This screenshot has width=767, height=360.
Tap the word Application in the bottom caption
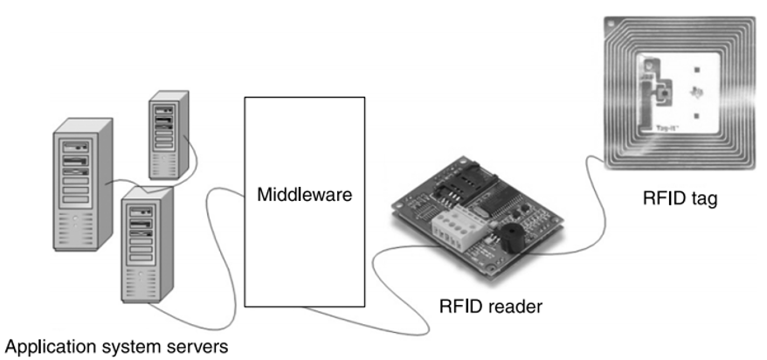click(44, 347)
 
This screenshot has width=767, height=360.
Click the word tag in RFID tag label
click(704, 199)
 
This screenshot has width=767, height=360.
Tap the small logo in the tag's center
click(696, 90)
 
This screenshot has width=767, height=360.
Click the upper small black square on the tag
click(697, 67)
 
